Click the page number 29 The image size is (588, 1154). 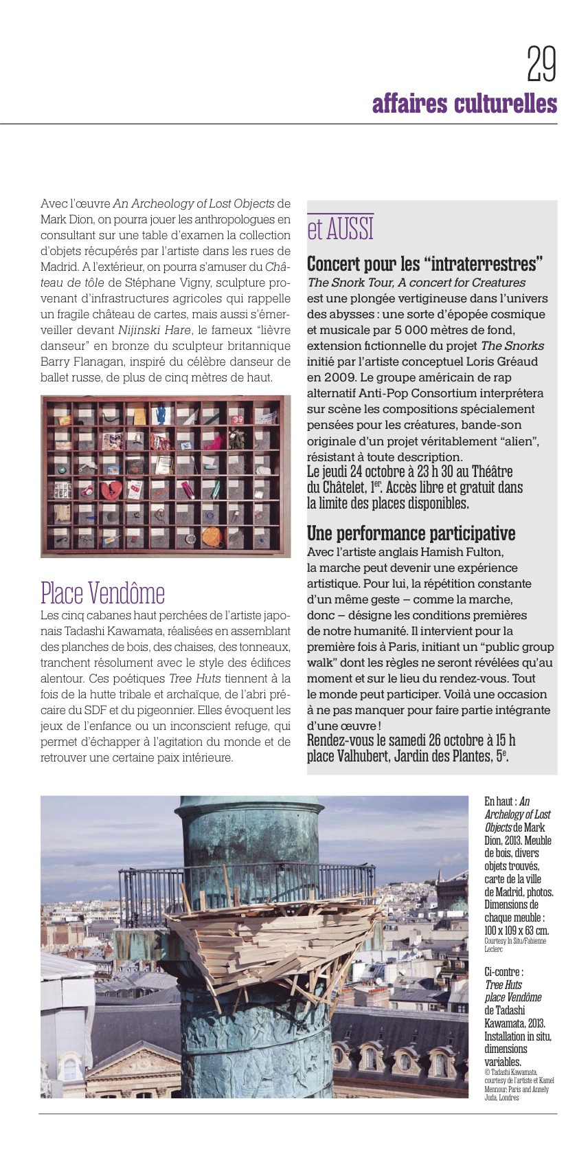[541, 64]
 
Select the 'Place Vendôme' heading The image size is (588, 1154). [102, 592]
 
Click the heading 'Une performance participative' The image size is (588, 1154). [411, 534]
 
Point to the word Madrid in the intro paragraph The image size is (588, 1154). [58, 267]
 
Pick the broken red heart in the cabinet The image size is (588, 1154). [110, 491]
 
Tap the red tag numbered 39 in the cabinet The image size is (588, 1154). [237, 418]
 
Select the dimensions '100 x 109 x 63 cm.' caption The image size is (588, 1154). [517, 931]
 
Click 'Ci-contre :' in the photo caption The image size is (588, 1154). [504, 972]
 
